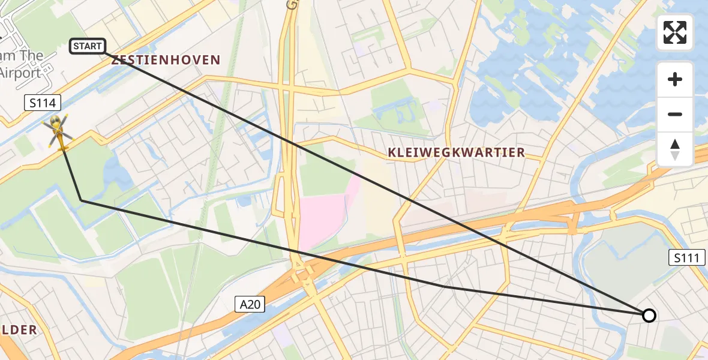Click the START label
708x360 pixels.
[88, 46]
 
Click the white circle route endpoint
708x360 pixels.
[649, 315]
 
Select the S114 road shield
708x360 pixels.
[43, 103]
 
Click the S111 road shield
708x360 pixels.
[687, 259]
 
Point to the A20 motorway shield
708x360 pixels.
[249, 305]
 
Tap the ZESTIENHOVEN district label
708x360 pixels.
[166, 60]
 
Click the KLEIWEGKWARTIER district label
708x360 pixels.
[457, 152]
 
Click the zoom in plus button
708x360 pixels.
[675, 79]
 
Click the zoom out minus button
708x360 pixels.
[675, 115]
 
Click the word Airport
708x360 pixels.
[20, 73]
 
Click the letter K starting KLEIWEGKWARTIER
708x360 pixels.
[392, 152]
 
